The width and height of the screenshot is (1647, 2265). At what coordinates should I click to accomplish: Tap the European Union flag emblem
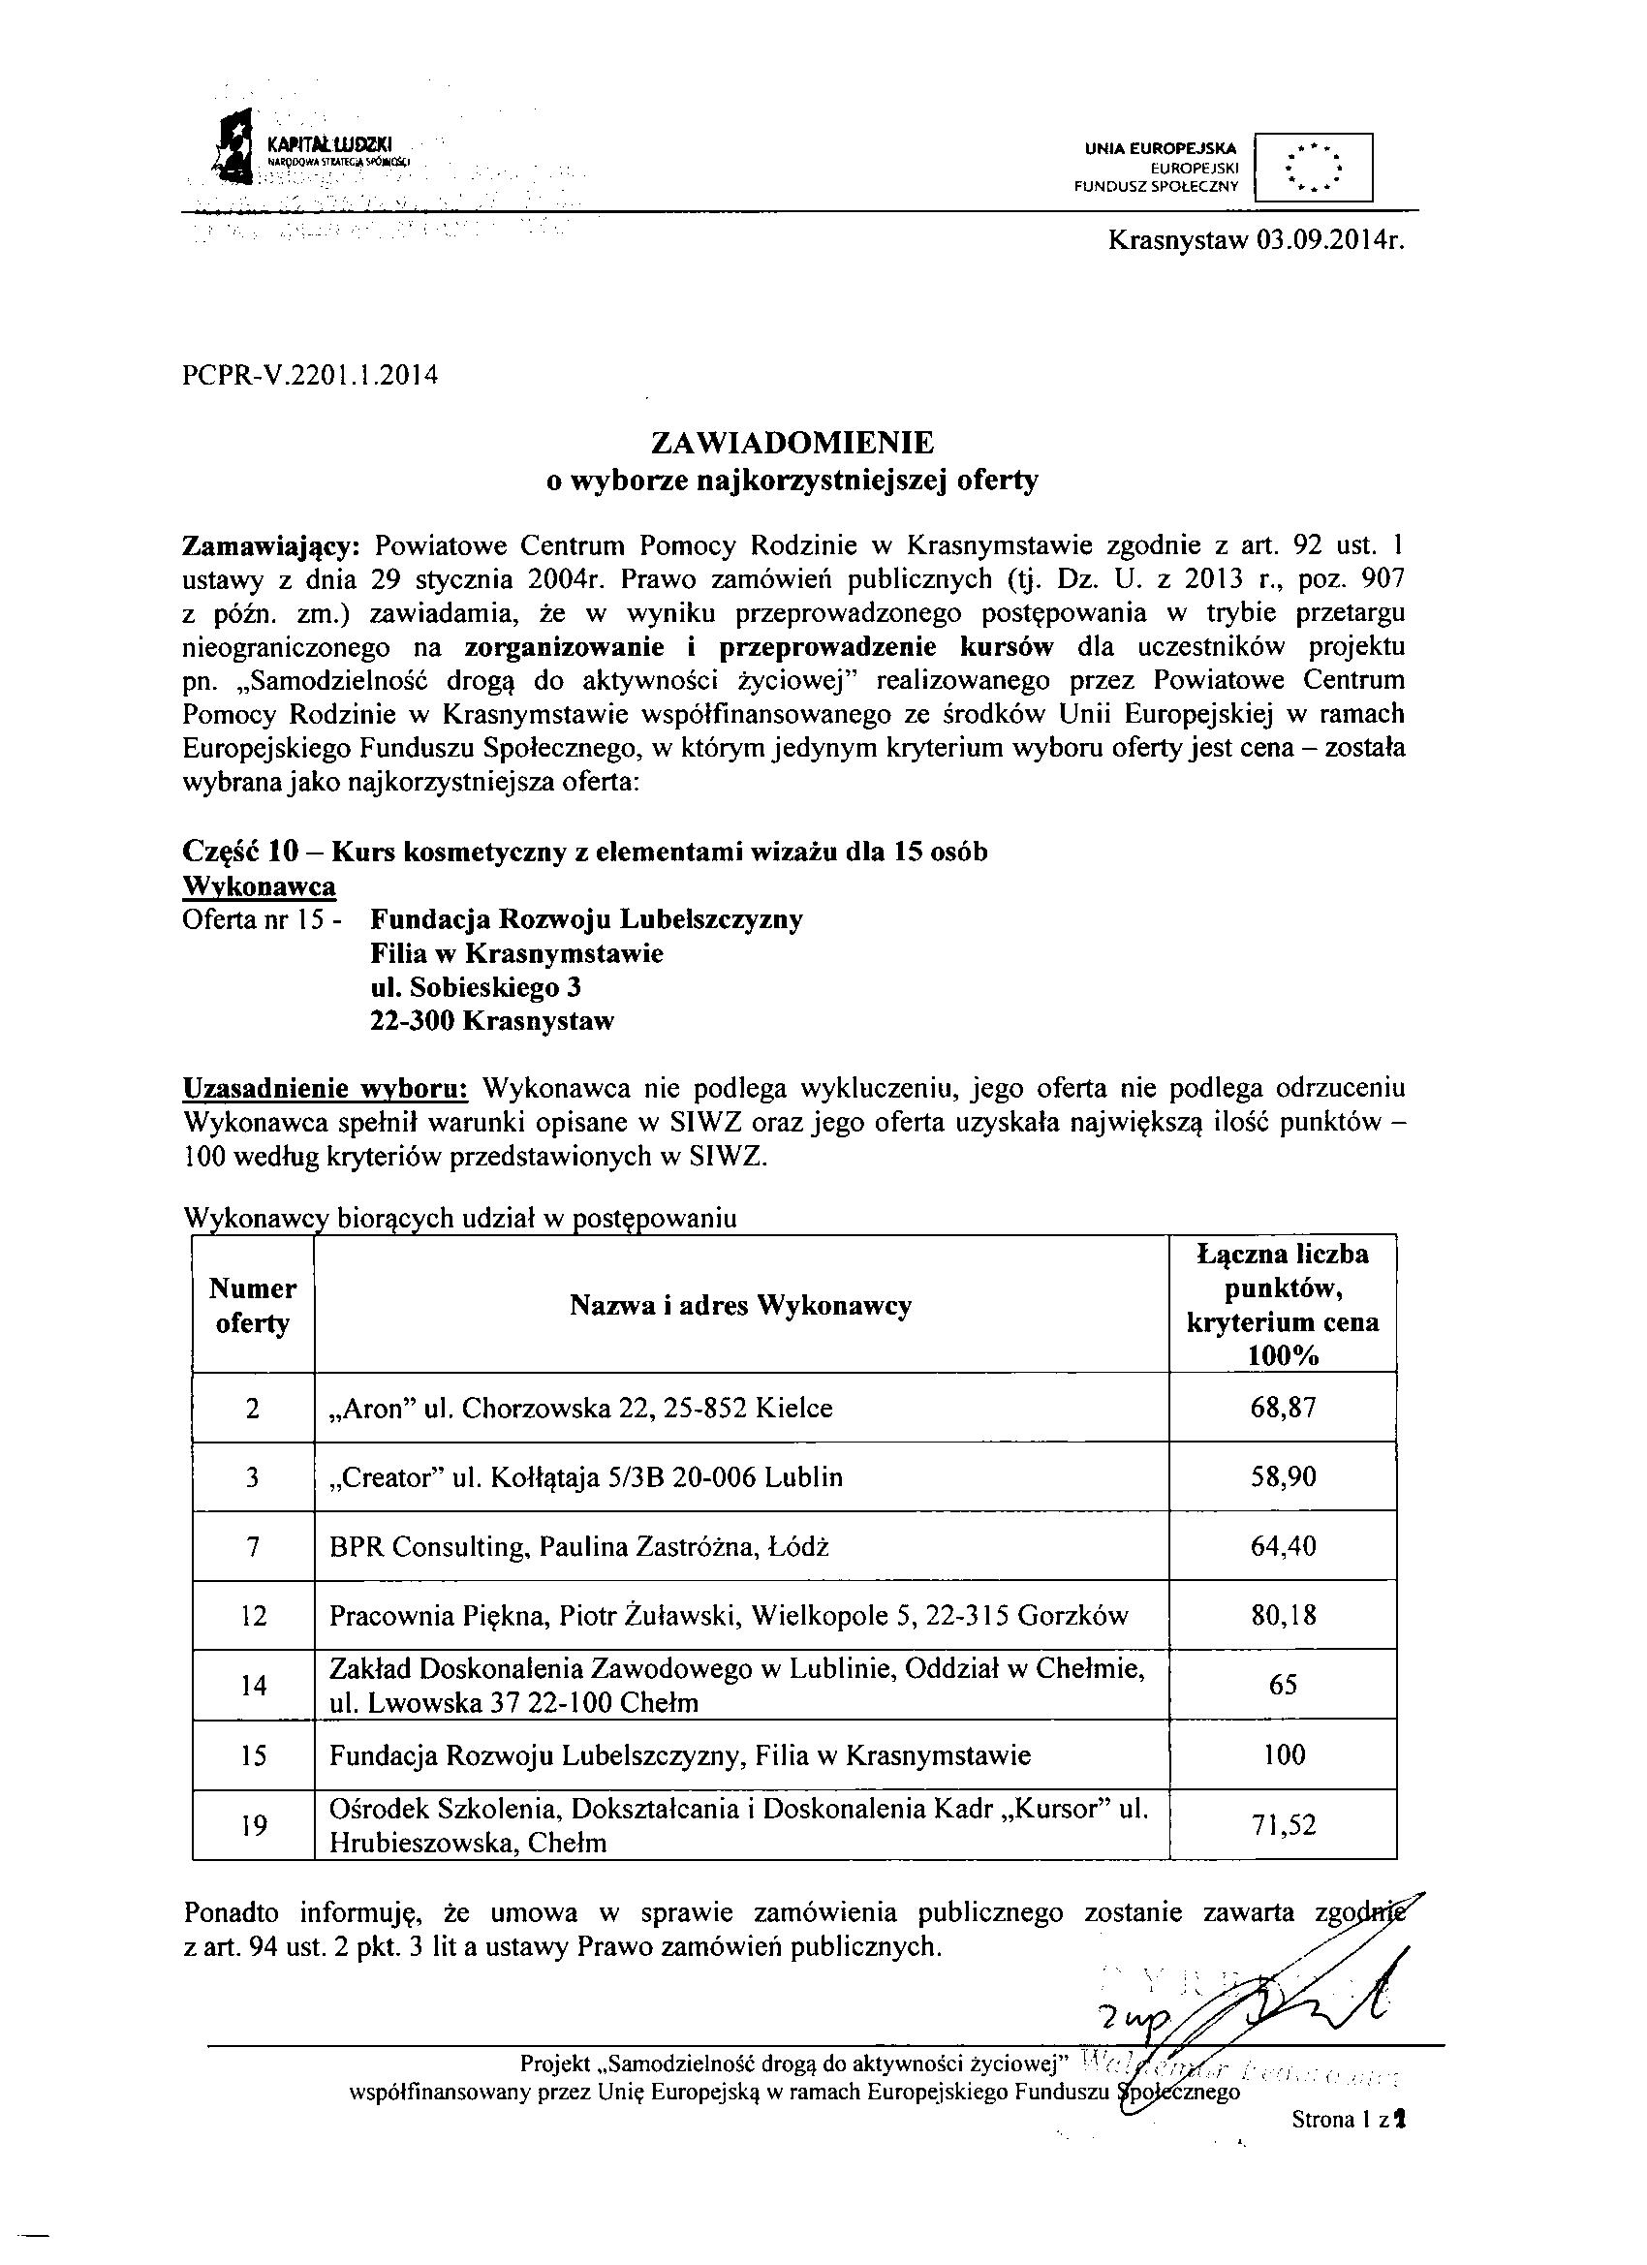point(1313,167)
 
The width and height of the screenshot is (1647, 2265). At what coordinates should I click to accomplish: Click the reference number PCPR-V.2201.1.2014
point(311,377)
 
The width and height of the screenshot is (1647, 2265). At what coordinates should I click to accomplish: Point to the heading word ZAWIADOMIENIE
point(792,442)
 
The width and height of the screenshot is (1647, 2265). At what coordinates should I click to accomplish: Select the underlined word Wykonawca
point(259,885)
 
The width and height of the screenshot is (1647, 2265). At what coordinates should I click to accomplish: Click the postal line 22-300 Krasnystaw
point(491,1021)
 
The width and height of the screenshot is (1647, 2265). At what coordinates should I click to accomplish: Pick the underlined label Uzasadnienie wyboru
point(326,1089)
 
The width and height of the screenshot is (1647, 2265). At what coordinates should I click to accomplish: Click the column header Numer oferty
point(253,1305)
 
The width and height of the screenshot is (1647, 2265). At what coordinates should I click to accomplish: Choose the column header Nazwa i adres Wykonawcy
point(740,1305)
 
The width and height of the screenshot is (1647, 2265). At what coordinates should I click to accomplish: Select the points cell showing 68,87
point(1283,1409)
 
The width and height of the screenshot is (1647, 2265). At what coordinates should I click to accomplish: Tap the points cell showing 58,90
point(1283,1477)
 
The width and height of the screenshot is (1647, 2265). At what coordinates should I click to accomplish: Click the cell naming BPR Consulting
point(579,1546)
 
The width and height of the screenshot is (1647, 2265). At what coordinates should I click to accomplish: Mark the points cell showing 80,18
point(1283,1615)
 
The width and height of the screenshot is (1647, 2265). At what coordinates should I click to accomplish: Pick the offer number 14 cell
point(254,1685)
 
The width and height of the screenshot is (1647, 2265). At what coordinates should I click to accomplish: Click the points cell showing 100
point(1284,1754)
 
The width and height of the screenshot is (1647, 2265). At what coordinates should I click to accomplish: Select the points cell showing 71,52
point(1283,1824)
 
